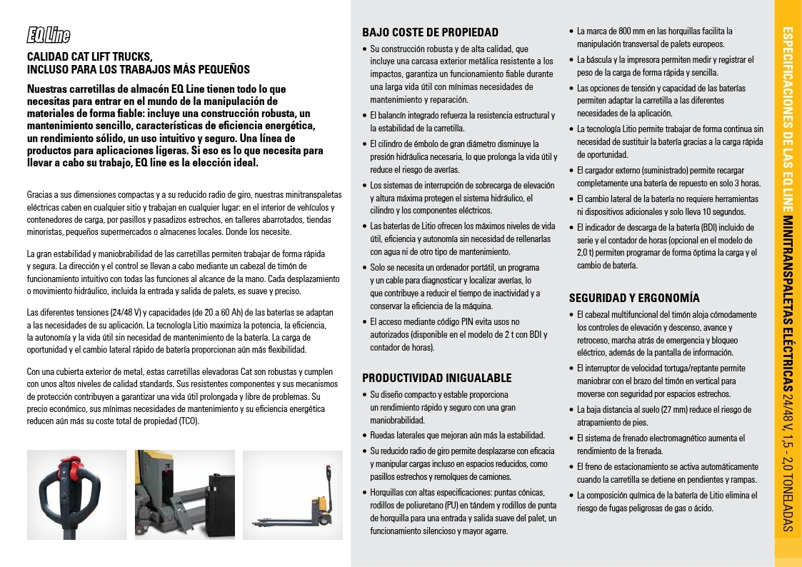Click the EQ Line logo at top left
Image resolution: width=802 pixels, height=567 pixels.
(x=49, y=34)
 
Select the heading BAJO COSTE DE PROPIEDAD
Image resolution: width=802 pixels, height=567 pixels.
(x=430, y=32)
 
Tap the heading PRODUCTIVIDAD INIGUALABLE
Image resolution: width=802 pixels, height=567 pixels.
(x=436, y=378)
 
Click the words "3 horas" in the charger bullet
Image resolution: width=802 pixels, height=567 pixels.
(x=746, y=184)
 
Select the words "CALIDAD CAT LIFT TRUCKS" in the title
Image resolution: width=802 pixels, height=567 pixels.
(x=90, y=56)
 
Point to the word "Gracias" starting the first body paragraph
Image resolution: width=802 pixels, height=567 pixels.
(x=40, y=194)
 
